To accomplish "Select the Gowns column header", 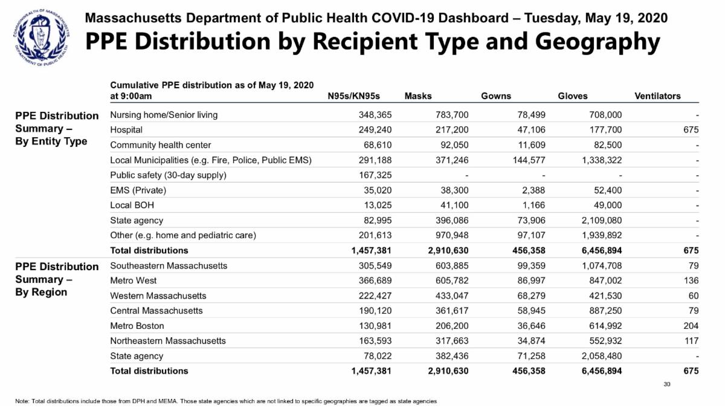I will (495, 96).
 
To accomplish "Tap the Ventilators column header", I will (657, 96).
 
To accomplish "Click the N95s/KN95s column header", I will (361, 96).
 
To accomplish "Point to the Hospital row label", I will (126, 130).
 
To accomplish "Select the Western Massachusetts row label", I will (158, 296).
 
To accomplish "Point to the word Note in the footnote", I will (23, 401).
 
